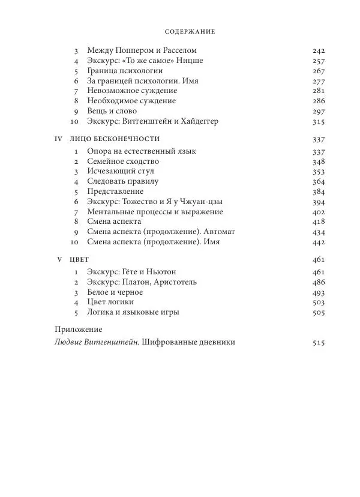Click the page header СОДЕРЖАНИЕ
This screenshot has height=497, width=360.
pos(190,31)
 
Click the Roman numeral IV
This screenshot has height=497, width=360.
pos(59,139)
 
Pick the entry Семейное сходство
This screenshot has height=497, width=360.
pos(123,161)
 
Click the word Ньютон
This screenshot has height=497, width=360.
pos(175,272)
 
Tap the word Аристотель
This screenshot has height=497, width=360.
pos(190,282)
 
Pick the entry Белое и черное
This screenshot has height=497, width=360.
pos(115,292)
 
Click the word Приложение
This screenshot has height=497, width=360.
pos(78,330)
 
